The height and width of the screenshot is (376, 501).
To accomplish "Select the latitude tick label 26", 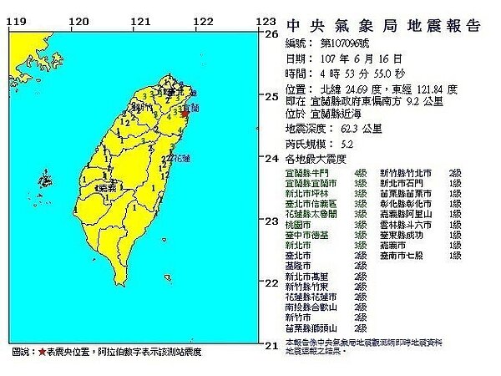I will [271, 34].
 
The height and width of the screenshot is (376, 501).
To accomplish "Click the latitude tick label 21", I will [271, 344].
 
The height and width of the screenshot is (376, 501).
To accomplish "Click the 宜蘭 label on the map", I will [191, 108].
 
